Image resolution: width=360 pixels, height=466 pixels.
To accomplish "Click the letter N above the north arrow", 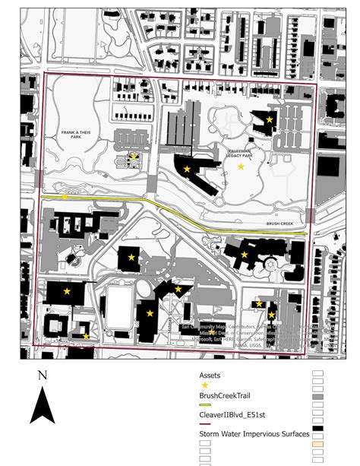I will pyautogui.click(x=43, y=375).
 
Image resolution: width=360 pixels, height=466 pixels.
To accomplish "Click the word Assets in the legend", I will pyautogui.click(x=210, y=375).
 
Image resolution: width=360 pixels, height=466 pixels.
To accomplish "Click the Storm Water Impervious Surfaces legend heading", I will pyautogui.click(x=254, y=433).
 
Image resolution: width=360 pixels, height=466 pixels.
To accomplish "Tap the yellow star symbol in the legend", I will pyautogui.click(x=204, y=385).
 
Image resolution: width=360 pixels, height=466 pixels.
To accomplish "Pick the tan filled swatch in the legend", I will pyautogui.click(x=318, y=442).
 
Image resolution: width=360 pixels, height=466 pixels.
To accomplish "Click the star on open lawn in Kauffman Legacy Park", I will pyautogui.click(x=242, y=166).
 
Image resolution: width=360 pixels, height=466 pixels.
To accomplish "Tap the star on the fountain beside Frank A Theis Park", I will pyautogui.click(x=134, y=157).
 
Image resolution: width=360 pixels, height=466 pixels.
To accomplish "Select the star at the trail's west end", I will pyautogui.click(x=66, y=197).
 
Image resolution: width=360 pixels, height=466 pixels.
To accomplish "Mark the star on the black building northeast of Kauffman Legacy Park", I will pyautogui.click(x=269, y=119).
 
